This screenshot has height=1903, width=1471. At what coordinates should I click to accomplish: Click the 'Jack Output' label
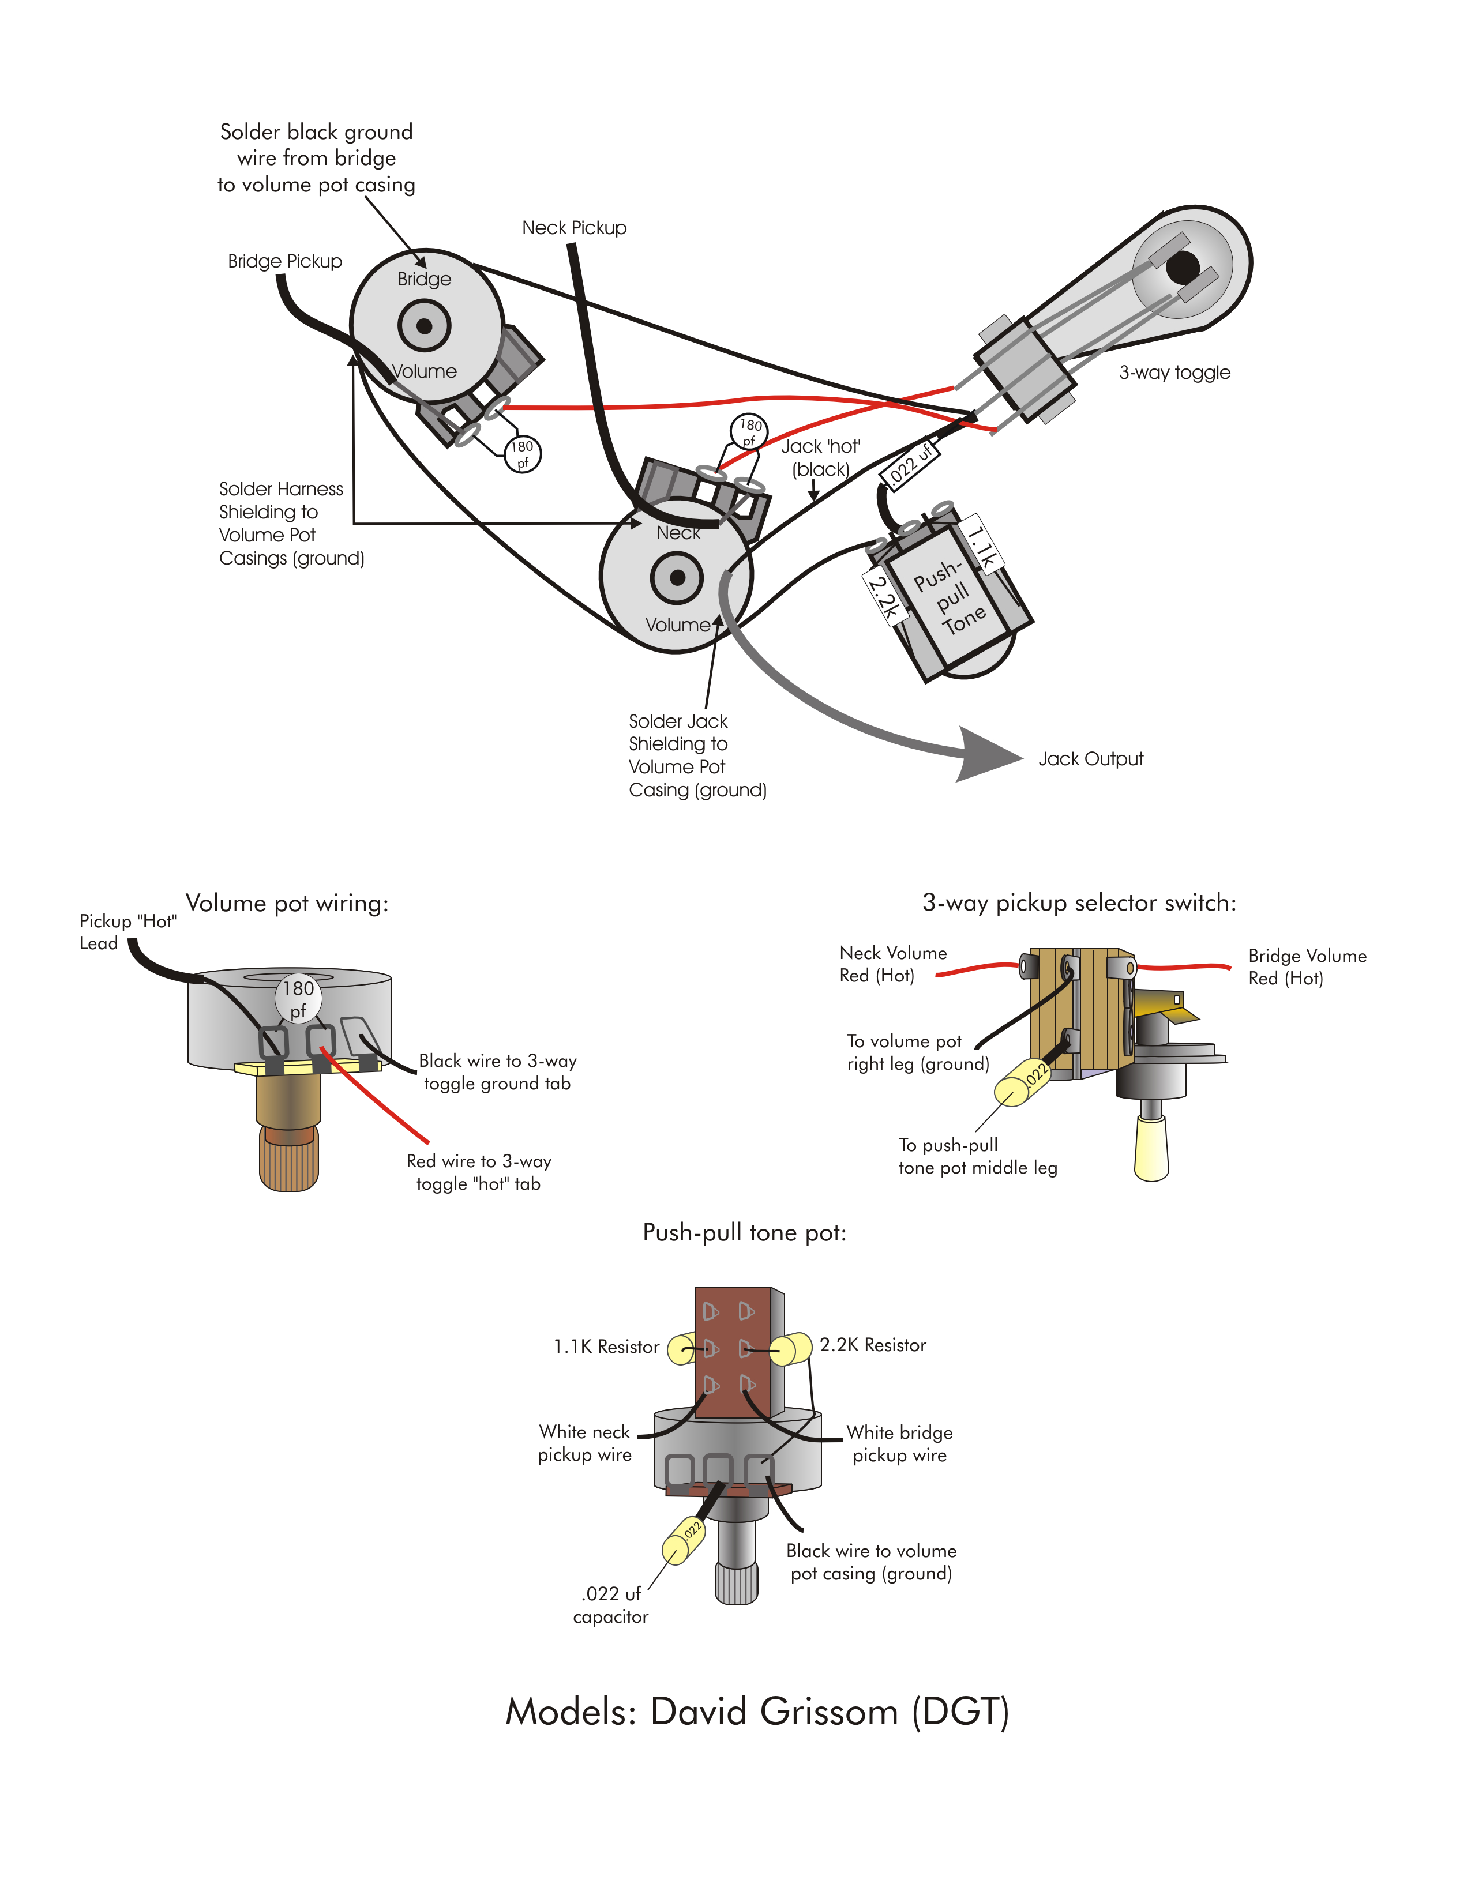(x=1090, y=759)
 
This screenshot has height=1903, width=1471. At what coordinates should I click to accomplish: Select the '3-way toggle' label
(x=1174, y=373)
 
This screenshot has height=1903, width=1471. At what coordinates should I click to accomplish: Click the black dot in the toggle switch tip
(x=1183, y=266)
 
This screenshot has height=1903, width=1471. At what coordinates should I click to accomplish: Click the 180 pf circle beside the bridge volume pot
(x=522, y=454)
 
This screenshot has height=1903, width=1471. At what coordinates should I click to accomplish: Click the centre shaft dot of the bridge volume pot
(x=425, y=326)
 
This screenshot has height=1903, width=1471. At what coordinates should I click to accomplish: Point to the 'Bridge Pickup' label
(x=285, y=261)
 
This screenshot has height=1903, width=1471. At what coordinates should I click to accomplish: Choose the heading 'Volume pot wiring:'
(x=287, y=904)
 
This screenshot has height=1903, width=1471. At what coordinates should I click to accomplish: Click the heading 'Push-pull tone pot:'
(x=744, y=1233)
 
